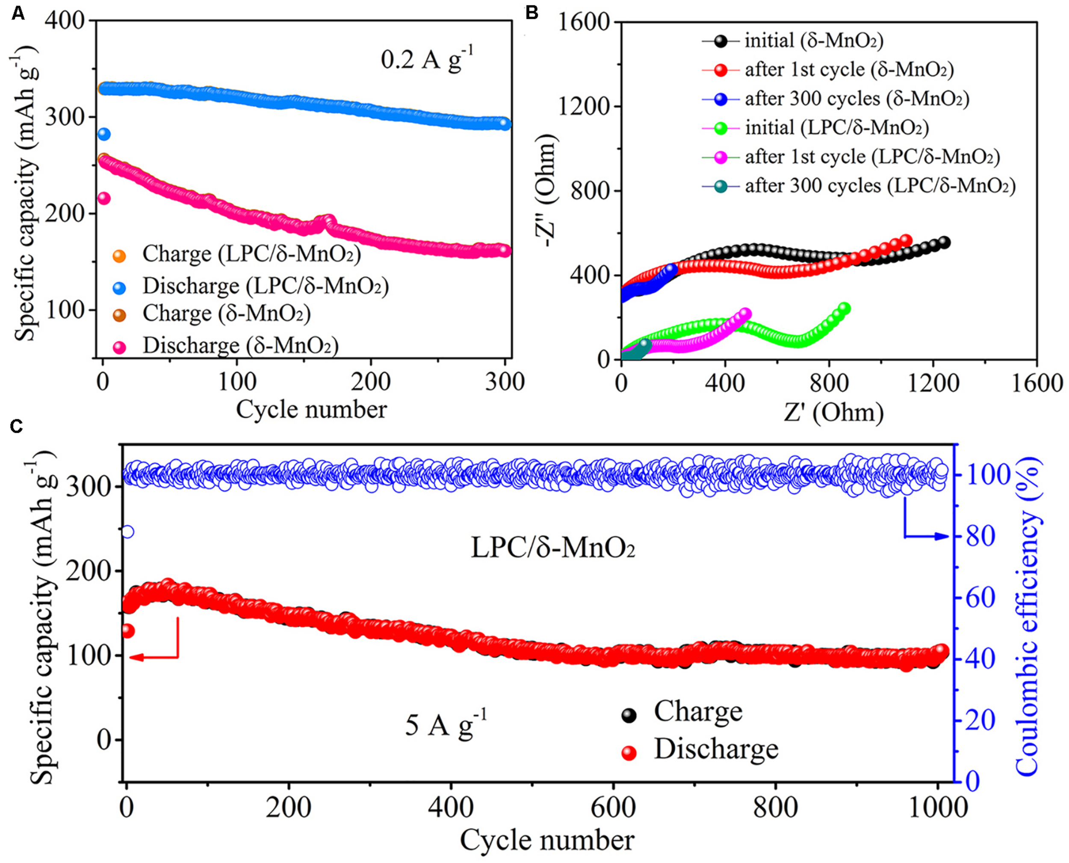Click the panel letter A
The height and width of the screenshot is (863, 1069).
pyautogui.click(x=18, y=13)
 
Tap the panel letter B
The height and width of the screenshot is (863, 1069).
pyautogui.click(x=532, y=13)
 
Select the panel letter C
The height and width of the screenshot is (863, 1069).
pyautogui.click(x=18, y=426)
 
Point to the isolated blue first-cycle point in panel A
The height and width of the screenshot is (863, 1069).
pyautogui.click(x=103, y=134)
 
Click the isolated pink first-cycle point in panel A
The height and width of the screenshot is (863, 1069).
pyautogui.click(x=103, y=198)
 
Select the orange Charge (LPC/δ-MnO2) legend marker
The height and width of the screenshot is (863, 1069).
pyautogui.click(x=119, y=255)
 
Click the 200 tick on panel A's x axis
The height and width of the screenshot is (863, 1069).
pyautogui.click(x=371, y=382)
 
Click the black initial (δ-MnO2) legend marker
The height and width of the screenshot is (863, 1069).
pyautogui.click(x=721, y=41)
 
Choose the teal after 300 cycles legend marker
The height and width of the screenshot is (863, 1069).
pyautogui.click(x=721, y=186)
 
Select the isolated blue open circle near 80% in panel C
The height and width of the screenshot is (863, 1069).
pyautogui.click(x=128, y=532)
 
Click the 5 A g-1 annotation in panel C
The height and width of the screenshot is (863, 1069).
pyautogui.click(x=445, y=726)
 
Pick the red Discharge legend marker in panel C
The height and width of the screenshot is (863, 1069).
pyautogui.click(x=629, y=753)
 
